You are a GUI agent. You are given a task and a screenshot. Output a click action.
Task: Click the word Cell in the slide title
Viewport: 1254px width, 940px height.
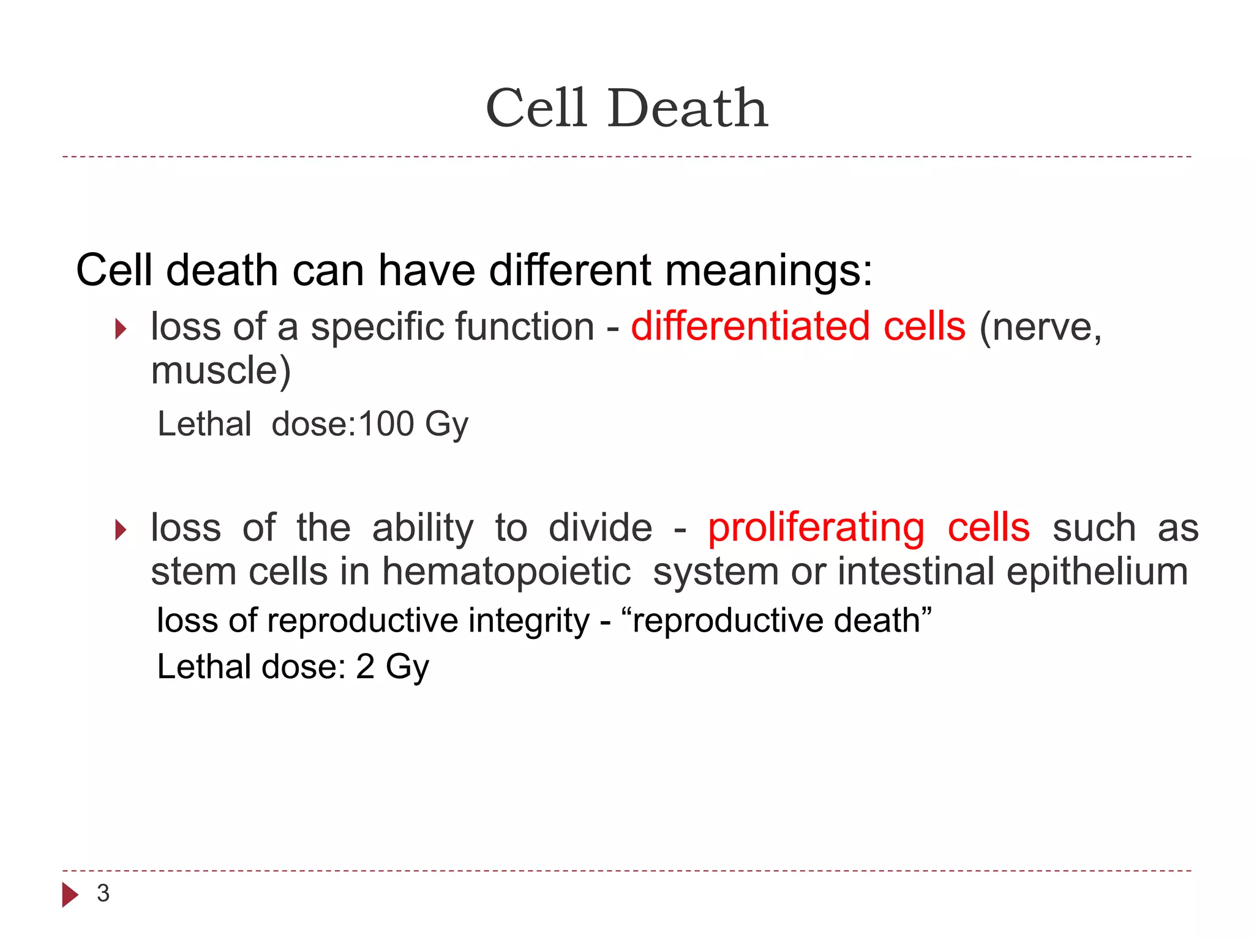[x=536, y=108]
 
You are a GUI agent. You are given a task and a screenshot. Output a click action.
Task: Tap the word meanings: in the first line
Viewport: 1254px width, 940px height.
[x=768, y=270]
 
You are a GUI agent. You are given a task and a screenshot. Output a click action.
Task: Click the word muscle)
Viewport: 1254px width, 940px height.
[x=220, y=371]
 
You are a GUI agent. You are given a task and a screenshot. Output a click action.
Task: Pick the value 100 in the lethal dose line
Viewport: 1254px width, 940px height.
[x=386, y=423]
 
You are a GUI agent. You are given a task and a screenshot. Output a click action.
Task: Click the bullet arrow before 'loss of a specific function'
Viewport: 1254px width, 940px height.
[x=121, y=329]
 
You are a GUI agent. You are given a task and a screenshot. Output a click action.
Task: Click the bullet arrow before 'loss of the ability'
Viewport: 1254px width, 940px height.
[x=121, y=530]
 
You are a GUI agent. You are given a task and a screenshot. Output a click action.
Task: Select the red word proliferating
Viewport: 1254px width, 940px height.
[x=816, y=528]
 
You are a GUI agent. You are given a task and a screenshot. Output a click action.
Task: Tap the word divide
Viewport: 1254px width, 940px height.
[x=600, y=528]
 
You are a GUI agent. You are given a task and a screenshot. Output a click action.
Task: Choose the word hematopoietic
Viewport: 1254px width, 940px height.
[x=506, y=572]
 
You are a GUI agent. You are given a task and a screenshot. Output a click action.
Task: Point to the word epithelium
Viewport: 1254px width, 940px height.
[x=1097, y=572]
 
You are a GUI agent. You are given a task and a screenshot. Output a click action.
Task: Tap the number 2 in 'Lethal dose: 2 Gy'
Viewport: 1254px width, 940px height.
[x=365, y=666]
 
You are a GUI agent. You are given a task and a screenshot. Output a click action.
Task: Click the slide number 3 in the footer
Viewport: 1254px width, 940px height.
[x=103, y=893]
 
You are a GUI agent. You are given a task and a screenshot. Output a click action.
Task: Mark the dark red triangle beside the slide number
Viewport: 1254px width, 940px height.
[x=70, y=895]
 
